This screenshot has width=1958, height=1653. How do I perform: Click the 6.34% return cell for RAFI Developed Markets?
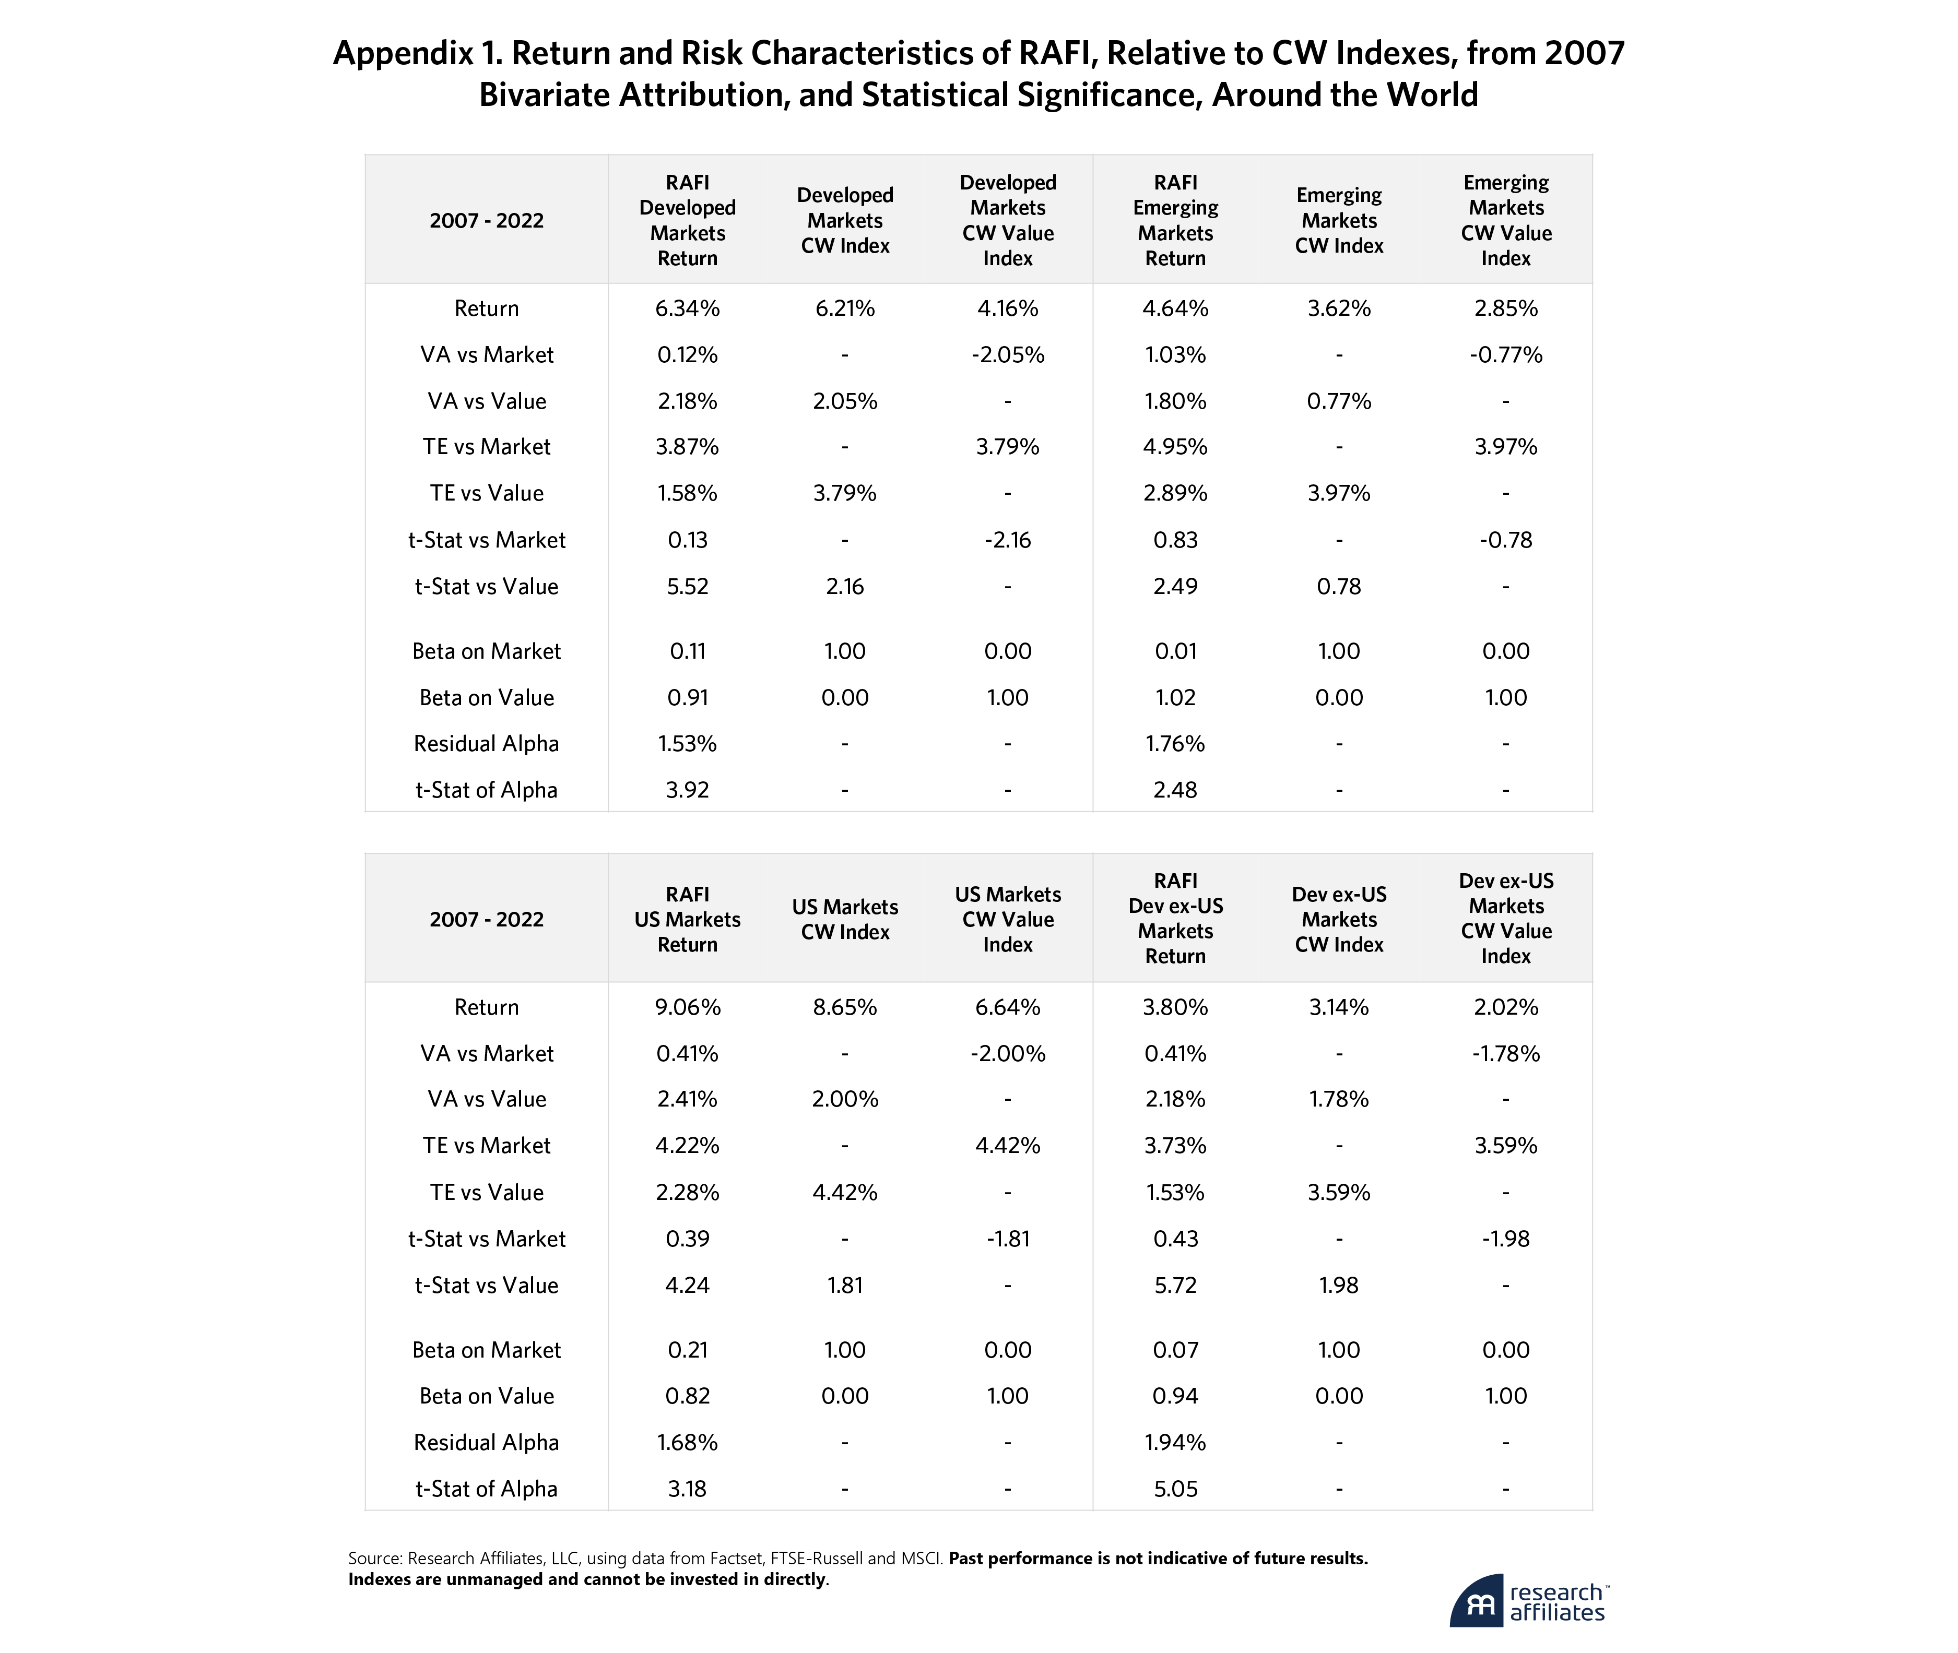[x=687, y=308]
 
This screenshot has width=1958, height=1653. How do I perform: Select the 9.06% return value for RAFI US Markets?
[x=687, y=1007]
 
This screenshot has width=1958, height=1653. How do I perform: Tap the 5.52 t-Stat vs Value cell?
[x=687, y=587]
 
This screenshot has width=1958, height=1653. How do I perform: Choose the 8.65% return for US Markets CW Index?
[x=844, y=1007]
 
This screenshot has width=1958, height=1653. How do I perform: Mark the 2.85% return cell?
[x=1505, y=308]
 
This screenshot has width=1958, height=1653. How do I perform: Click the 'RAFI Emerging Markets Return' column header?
[x=1175, y=220]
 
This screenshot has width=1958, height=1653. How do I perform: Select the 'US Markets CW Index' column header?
[x=844, y=919]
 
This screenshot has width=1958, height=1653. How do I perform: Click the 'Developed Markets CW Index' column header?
[x=844, y=220]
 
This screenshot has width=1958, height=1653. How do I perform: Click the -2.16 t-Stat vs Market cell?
[x=1008, y=540]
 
